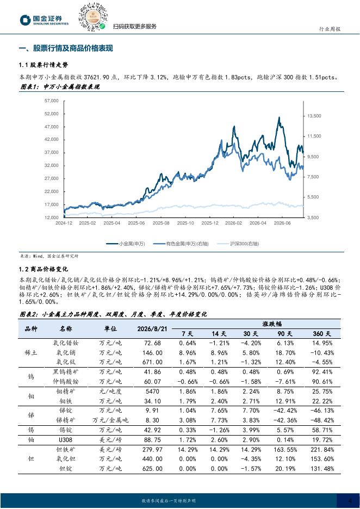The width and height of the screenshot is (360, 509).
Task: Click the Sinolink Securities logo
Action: tap(44, 20)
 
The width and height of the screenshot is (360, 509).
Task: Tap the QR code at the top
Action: tap(93, 17)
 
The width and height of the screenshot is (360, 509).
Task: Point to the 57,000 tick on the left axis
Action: tap(51, 101)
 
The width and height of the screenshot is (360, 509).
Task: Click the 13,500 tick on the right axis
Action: tap(314, 116)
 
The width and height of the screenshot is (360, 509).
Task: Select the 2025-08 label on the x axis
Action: tap(161, 223)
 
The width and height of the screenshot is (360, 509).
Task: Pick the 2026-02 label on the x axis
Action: tap(234, 223)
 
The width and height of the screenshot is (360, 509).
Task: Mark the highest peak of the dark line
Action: tap(279, 117)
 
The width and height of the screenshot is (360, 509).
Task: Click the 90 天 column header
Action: tap(285, 334)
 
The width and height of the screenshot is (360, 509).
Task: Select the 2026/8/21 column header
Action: tap(152, 329)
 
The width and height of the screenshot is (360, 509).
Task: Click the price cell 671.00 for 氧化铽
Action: tap(152, 362)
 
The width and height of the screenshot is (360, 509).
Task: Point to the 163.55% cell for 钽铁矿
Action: tap(285, 450)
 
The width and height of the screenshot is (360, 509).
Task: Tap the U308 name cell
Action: tap(66, 440)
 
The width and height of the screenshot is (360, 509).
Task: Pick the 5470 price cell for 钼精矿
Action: tap(152, 392)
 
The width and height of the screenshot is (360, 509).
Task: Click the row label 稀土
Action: tap(31, 352)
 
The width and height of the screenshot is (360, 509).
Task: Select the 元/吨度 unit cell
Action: tap(110, 392)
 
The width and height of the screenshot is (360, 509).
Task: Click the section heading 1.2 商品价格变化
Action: tap(44, 269)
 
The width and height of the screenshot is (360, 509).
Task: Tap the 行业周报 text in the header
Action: tap(330, 29)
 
